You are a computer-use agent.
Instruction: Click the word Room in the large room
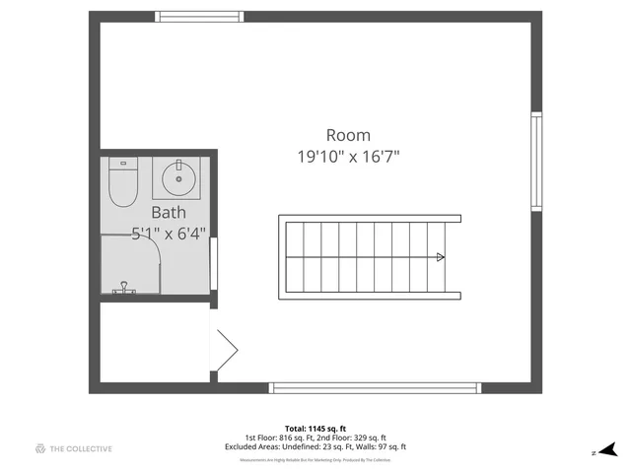pos(348,135)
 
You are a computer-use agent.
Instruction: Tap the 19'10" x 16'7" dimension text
pos(348,156)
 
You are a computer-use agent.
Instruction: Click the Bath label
pos(168,212)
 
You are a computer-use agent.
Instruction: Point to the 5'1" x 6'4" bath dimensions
pos(169,234)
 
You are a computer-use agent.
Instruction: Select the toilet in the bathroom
pos(122,183)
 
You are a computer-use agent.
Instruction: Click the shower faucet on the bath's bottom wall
pos(124,288)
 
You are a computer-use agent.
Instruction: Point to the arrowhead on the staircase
pos(440,257)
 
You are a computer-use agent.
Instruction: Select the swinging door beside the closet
pos(225,347)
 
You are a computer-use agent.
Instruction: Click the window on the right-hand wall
pos(536,162)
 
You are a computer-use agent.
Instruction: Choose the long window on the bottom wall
pos(374,387)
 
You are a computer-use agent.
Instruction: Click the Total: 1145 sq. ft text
pos(315,429)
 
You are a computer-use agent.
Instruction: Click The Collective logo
pos(74,449)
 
